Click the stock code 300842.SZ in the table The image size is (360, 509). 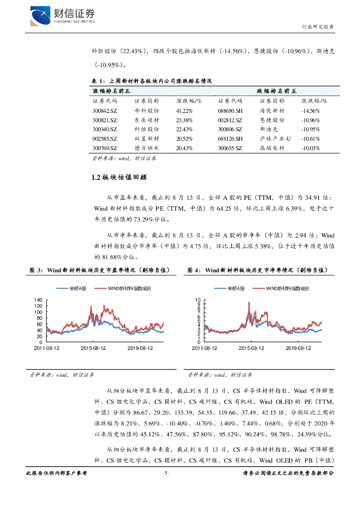tap(105, 110)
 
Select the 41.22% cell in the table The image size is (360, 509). tap(185, 110)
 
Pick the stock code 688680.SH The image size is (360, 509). tap(230, 110)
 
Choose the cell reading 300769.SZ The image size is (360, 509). tap(105, 148)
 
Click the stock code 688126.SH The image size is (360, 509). tap(230, 139)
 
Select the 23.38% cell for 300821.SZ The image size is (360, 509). tap(184, 120)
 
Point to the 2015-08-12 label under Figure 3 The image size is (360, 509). tap(93, 348)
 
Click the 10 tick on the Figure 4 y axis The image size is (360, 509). tap(197, 300)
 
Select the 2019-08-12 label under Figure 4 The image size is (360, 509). tap(298, 348)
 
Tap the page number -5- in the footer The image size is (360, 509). tap(167, 473)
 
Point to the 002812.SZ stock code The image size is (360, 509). tap(230, 120)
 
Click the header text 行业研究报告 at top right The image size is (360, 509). tap(318, 26)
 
